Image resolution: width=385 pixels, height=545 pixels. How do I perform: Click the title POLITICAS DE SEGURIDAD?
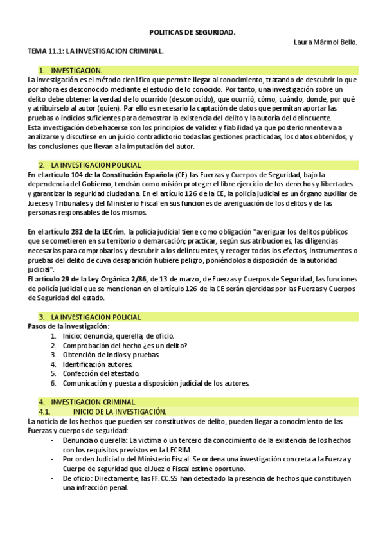[x=192, y=31]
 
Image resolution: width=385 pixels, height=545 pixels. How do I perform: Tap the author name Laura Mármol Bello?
[x=325, y=42]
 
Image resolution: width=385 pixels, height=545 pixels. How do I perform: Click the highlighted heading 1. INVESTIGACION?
[x=76, y=70]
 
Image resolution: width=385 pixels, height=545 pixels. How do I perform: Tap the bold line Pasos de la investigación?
[x=69, y=326]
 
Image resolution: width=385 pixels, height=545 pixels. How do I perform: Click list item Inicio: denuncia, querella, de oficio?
[x=118, y=335]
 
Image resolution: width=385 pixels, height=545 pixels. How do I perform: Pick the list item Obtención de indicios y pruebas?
[x=111, y=355]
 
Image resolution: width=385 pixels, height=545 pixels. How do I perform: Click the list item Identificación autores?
[x=98, y=364]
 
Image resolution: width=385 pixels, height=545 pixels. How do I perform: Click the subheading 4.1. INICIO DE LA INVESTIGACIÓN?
[x=120, y=411]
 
